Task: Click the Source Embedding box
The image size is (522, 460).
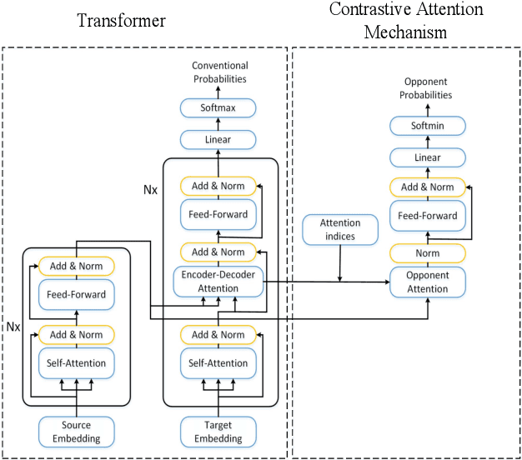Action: [76, 432]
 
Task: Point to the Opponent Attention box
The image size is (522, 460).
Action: [427, 282]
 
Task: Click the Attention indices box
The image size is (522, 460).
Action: [340, 229]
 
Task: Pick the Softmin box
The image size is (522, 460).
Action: [427, 126]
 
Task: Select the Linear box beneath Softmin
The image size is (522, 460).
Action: [427, 157]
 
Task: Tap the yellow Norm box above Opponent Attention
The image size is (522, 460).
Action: [427, 252]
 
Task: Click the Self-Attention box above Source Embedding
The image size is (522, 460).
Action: [76, 363]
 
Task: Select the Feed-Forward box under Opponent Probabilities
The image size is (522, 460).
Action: [427, 217]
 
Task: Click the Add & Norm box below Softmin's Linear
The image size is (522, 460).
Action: [427, 187]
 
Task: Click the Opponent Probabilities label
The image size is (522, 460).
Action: [427, 89]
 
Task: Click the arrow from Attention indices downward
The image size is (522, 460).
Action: [340, 263]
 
